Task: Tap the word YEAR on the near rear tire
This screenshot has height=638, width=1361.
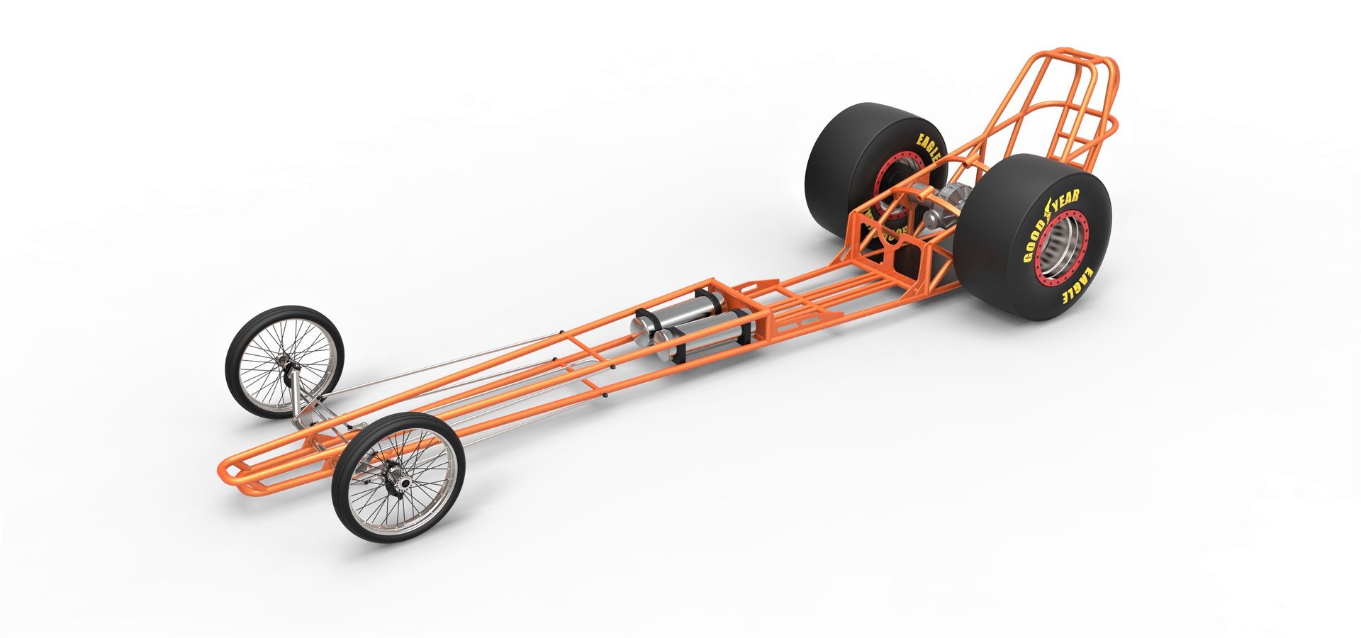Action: click(1063, 203)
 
